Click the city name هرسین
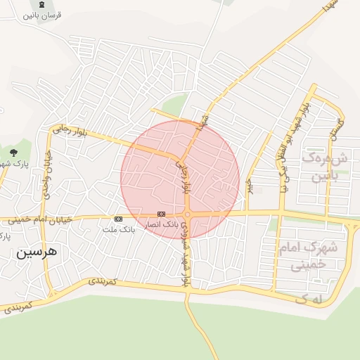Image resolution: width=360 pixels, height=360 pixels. click(38, 251)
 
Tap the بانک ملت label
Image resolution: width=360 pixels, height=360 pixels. click(118, 229)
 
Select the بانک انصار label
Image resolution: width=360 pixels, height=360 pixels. click(161, 224)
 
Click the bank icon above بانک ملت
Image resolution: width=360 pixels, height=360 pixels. click(118, 219)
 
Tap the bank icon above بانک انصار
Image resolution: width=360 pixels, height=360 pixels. click(161, 214)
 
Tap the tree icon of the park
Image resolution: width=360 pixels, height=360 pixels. click(13, 152)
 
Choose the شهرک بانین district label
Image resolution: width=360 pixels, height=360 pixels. click(320, 166)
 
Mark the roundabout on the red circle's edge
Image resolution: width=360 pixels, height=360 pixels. click(187, 214)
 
